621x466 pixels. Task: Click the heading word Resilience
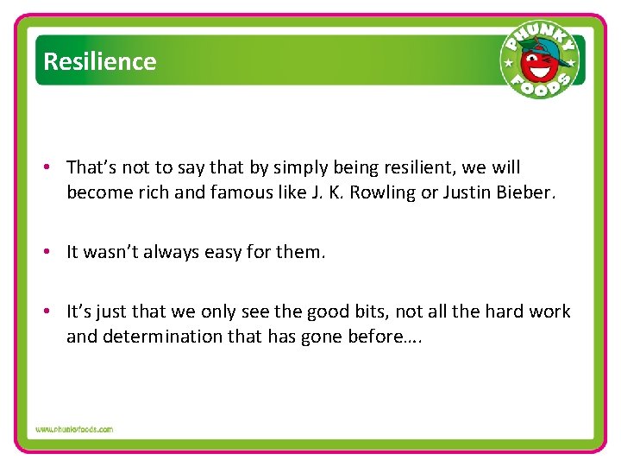coord(99,62)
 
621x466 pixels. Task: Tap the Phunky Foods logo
coord(538,60)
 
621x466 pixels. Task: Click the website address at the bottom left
coord(74,429)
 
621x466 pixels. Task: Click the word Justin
coord(467,192)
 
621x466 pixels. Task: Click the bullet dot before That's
coord(52,167)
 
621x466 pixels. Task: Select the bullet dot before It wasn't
coord(52,252)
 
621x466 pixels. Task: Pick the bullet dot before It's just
coord(52,312)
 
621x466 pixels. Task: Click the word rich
coord(153,192)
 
